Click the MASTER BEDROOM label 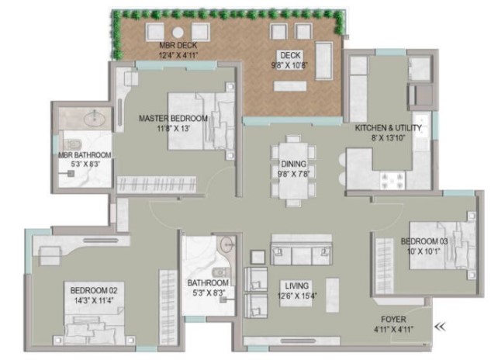pyautogui.click(x=173, y=119)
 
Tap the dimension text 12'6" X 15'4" pyautogui.click(x=297, y=296)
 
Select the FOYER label pyautogui.click(x=393, y=320)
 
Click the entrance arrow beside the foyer pyautogui.click(x=440, y=327)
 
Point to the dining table pyautogui.click(x=293, y=171)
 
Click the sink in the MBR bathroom pyautogui.click(x=95, y=118)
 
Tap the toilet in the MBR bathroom pyautogui.click(x=72, y=144)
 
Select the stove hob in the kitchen pyautogui.click(x=392, y=181)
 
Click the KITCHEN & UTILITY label pyautogui.click(x=388, y=128)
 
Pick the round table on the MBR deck pyautogui.click(x=178, y=33)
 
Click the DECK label pyautogui.click(x=290, y=55)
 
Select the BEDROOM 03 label pyautogui.click(x=424, y=241)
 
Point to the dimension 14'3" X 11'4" pyautogui.click(x=94, y=300)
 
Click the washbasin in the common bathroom pyautogui.click(x=226, y=244)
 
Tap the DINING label pyautogui.click(x=293, y=164)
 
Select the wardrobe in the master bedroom pyautogui.click(x=156, y=184)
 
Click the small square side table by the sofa pyautogui.click(x=258, y=257)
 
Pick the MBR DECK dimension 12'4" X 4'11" pyautogui.click(x=178, y=55)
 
